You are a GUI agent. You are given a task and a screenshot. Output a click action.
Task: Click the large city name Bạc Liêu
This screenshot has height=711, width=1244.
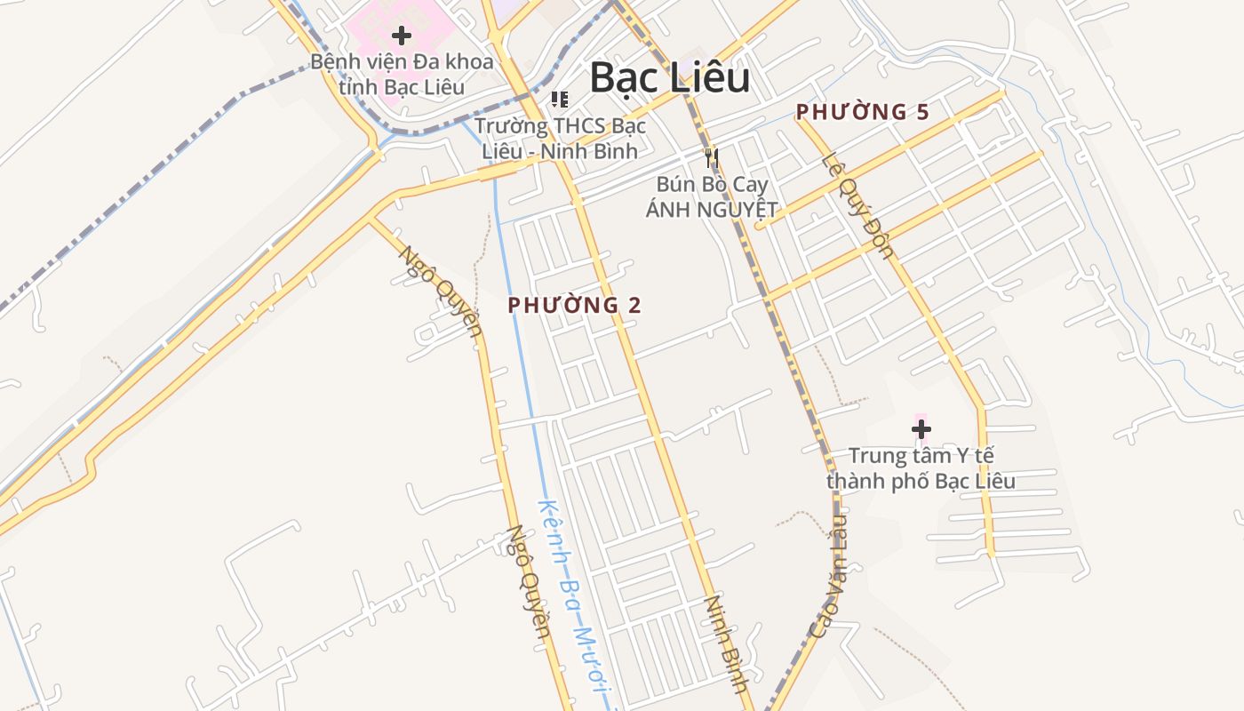coord(669,78)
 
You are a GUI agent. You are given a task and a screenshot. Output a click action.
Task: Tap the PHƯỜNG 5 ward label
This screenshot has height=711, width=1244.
coord(862,112)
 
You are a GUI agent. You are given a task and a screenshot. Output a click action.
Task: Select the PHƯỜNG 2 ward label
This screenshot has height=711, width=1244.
coord(574,305)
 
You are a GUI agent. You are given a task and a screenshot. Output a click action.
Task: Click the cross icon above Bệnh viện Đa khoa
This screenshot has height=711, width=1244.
coord(402,36)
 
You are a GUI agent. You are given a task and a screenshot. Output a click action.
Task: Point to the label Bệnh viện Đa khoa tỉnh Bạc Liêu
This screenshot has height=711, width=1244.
coord(402,75)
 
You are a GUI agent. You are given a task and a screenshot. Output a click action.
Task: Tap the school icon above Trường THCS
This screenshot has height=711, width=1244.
coord(559,99)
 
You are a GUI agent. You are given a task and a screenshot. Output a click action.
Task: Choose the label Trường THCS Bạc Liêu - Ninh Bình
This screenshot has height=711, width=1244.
coord(560,138)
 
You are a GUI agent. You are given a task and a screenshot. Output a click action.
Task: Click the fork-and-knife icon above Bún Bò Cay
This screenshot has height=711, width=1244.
coord(711,159)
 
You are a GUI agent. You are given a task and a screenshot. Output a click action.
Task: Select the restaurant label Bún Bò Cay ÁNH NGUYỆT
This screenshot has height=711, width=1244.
coord(711,197)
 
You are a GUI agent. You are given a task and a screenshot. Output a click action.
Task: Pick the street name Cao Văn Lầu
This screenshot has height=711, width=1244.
coord(829,578)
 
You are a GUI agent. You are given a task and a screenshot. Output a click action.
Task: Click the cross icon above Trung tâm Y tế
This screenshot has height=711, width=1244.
coord(921,430)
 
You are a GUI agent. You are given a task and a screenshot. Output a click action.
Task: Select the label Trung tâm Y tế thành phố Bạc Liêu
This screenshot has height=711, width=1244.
coord(921,468)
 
